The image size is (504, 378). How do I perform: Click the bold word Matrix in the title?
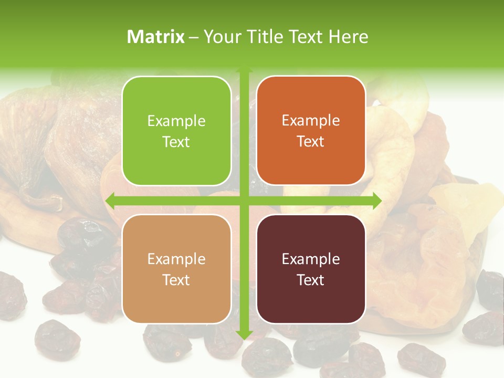pos(156,36)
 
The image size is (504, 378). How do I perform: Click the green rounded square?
pos(176,131)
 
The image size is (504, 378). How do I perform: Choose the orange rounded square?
pos(311,131)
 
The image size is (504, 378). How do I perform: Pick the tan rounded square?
pos(176,269)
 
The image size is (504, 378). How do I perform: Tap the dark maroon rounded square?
pos(311,269)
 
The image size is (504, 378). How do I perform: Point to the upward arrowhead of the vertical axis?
pos(244,70)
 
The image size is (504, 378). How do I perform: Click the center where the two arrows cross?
pos(244,201)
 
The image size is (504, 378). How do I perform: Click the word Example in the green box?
pos(176,121)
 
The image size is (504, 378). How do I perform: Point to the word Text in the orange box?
pos(311,142)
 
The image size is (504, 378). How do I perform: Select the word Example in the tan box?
pos(176,259)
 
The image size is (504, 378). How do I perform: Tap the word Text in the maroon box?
pos(311,280)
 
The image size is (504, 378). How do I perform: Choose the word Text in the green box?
pos(176,142)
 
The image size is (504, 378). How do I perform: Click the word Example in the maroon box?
pos(311,259)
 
